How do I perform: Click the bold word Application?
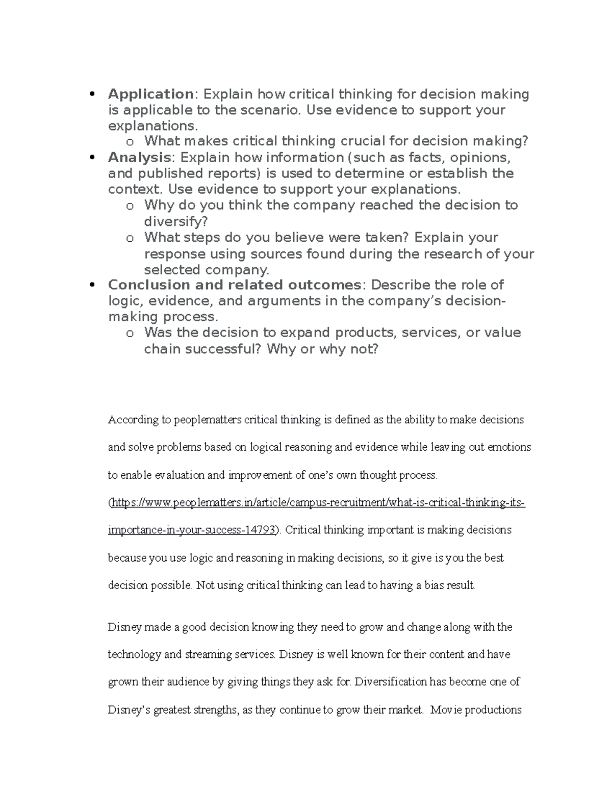coord(150,94)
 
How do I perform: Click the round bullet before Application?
coord(92,94)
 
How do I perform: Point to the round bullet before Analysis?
coord(92,158)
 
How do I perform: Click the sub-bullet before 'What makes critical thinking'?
coord(130,142)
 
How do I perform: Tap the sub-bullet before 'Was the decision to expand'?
coord(130,334)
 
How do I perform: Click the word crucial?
coord(363,141)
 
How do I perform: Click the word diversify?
coord(173,221)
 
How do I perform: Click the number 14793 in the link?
coord(263,530)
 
